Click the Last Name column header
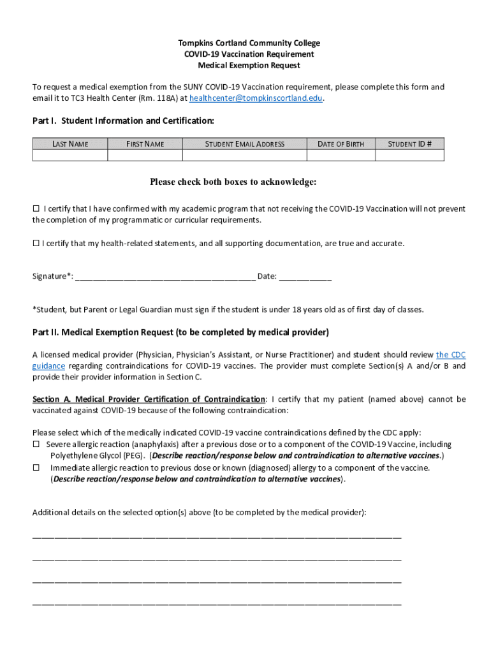coord(70,144)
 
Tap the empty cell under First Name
coord(145,155)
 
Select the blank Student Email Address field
coord(245,155)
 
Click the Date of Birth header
coord(341,144)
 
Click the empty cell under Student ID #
coord(409,155)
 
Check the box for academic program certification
coord(36,209)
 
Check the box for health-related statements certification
coord(36,244)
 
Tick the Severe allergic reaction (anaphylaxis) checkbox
coord(36,444)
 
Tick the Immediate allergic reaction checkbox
coord(36,467)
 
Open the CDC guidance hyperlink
coord(450,355)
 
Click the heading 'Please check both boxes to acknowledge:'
coord(233,182)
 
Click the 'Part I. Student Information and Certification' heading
coord(123,121)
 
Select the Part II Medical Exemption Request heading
coord(180,332)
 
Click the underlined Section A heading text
coord(149,399)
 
